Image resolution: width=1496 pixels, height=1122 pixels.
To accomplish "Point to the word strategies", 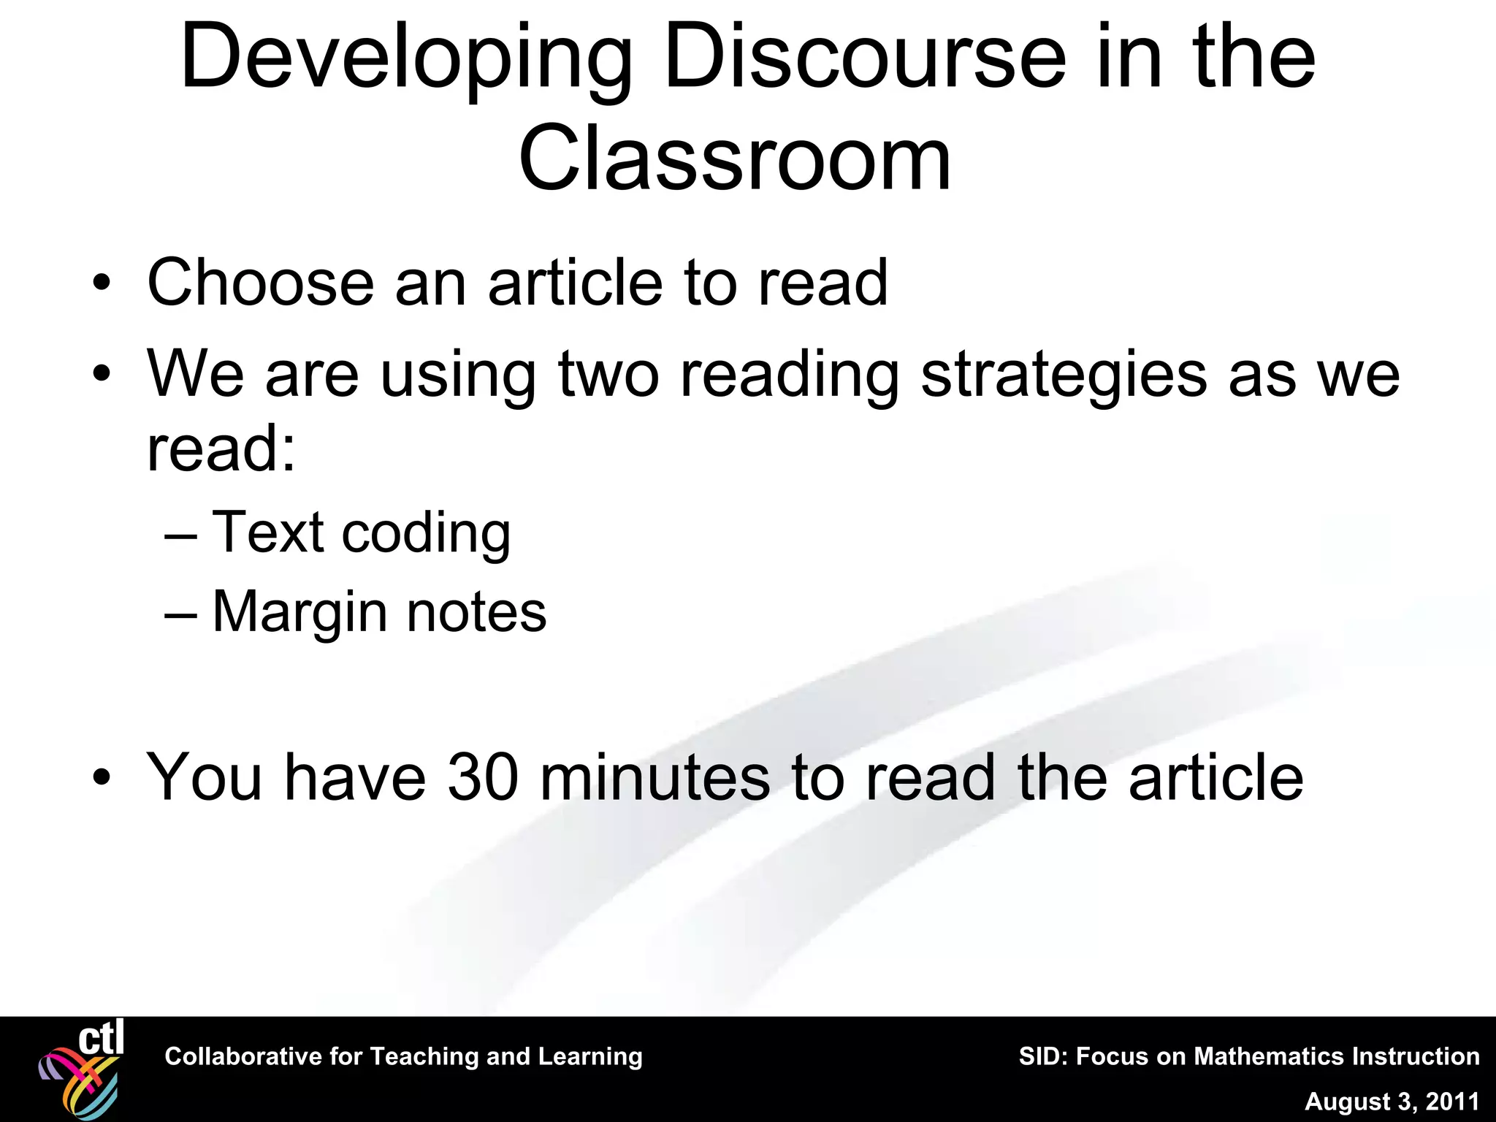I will pyautogui.click(x=1064, y=375).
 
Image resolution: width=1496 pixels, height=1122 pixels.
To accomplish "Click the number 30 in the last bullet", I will pyautogui.click(x=483, y=776).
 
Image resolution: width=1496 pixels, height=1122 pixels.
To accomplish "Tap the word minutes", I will pyautogui.click(x=654, y=776).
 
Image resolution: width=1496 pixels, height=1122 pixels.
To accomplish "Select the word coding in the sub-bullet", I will pyautogui.click(x=426, y=533).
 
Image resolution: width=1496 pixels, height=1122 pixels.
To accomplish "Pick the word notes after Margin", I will pyautogui.click(x=476, y=612).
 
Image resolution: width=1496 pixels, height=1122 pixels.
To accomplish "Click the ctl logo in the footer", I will pyautogui.click(x=82, y=1068).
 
